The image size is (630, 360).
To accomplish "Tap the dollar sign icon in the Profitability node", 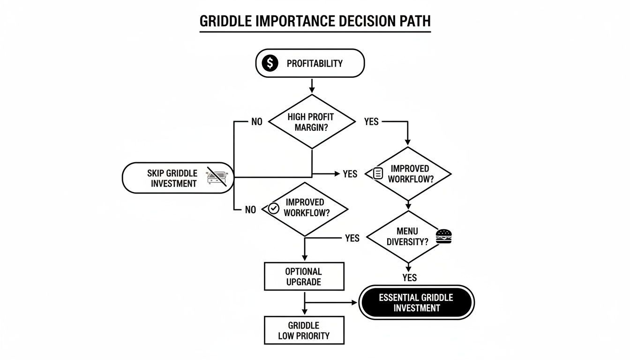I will click(270, 63).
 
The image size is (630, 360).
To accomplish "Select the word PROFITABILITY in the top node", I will click(315, 64).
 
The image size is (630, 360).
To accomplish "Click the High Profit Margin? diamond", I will click(312, 122).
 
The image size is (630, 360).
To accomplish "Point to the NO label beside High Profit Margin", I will click(257, 122).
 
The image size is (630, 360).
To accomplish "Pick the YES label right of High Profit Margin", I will click(371, 122).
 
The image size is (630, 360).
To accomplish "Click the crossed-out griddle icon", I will click(217, 178).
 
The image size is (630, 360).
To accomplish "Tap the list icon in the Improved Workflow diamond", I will click(378, 174).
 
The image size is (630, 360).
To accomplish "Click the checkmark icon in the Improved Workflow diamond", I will click(273, 209).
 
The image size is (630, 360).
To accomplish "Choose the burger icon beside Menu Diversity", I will click(443, 236).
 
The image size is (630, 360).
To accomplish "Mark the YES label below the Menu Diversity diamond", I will click(409, 277).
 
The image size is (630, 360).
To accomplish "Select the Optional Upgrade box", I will click(304, 277).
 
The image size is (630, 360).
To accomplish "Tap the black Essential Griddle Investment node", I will click(416, 303).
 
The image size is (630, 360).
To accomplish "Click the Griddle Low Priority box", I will click(304, 330).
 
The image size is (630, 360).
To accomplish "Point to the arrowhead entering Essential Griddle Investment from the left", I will click(354, 303).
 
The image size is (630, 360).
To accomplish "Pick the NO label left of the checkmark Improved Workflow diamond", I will click(251, 210).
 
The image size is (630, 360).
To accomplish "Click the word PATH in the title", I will click(414, 22).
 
